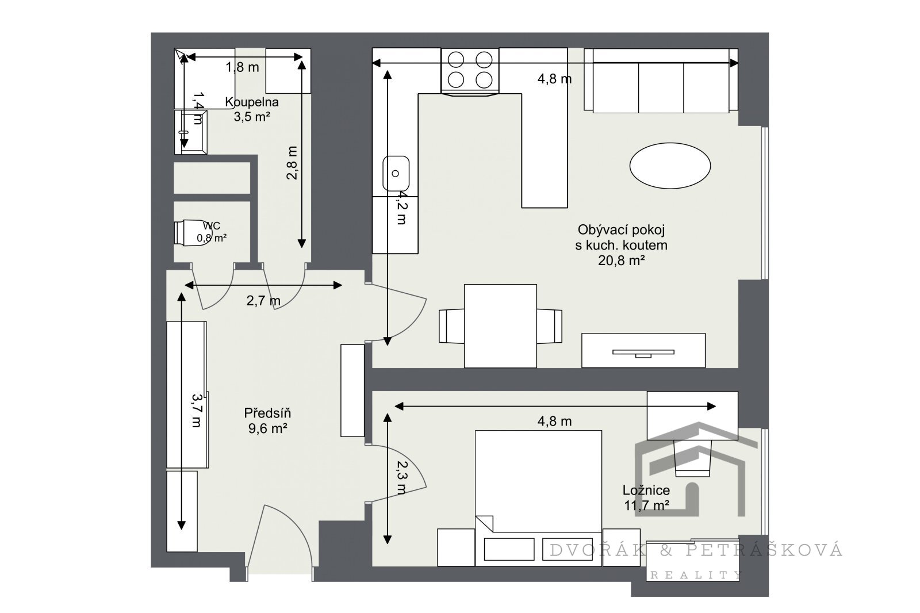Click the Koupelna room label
[x=251, y=102]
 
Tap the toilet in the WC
[x=191, y=232]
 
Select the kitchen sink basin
[x=396, y=174]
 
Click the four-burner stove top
[x=470, y=70]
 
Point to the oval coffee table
[x=670, y=166]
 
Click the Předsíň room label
[x=267, y=413]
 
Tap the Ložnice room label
[x=646, y=490]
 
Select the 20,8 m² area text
[x=621, y=260]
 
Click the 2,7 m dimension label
[x=263, y=301]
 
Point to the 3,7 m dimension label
[x=197, y=411]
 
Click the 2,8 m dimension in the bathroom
[x=292, y=163]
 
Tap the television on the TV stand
[x=643, y=353]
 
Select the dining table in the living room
[x=500, y=326]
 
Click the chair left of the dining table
[x=451, y=326]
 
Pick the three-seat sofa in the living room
[x=661, y=80]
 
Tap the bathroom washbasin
[x=190, y=132]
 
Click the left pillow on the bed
[x=509, y=549]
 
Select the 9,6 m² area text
[x=267, y=428]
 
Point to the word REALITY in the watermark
[x=696, y=575]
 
